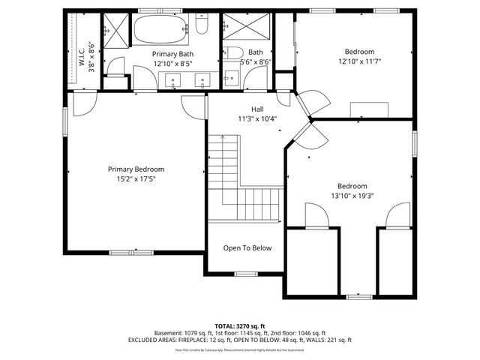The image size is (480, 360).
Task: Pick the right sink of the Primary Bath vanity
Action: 203,79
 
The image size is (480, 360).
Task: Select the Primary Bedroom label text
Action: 136,169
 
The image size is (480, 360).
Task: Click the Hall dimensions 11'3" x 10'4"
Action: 257,118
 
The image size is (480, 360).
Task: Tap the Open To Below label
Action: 247,248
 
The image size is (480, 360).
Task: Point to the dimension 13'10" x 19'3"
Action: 352,196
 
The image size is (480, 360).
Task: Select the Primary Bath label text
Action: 173,55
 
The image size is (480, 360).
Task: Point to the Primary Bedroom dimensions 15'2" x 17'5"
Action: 136,179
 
